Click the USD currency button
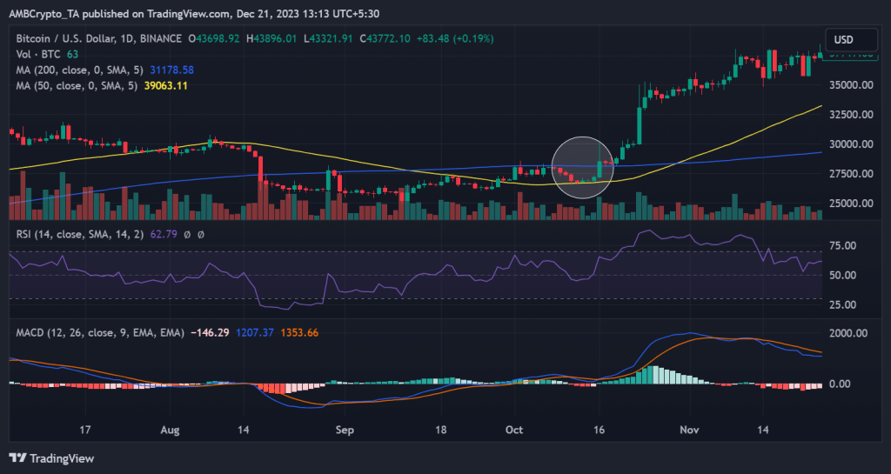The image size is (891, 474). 843,39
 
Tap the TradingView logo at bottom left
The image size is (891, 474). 51,458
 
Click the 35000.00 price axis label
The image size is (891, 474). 849,85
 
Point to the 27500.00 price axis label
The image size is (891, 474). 849,174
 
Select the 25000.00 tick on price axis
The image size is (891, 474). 849,204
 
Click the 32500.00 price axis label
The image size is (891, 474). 849,115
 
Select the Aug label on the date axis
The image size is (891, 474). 171,430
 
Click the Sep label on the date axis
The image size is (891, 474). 345,430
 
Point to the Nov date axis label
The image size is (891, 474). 689,430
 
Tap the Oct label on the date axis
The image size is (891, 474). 514,430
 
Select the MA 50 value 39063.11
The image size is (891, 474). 164,85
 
